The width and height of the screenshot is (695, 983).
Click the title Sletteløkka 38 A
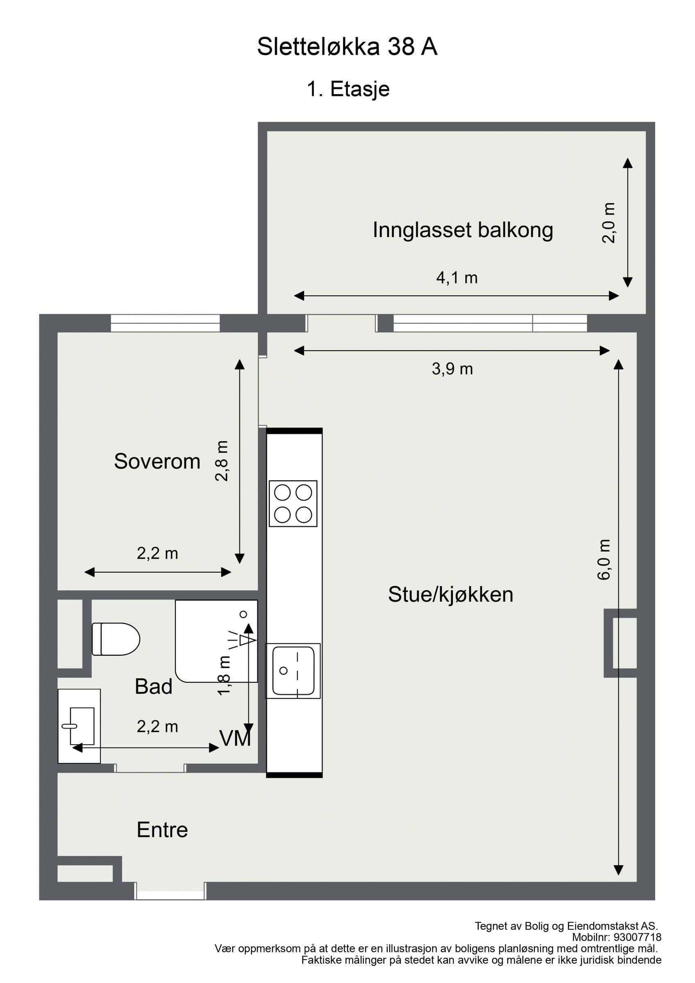(347, 47)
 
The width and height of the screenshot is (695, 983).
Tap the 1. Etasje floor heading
(348, 89)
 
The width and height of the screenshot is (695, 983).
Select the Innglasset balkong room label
(463, 230)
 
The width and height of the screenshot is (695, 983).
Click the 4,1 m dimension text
(457, 278)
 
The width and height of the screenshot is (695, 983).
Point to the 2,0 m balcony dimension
(609, 223)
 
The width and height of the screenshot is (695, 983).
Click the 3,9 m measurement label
(452, 369)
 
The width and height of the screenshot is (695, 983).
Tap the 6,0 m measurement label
(604, 559)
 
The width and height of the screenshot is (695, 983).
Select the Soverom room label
(157, 462)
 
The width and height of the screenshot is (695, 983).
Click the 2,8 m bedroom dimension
(222, 461)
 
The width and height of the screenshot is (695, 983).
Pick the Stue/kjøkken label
(450, 595)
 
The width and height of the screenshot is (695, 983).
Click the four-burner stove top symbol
(293, 503)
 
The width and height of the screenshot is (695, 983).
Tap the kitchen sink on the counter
(293, 671)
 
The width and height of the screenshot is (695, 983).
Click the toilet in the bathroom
(116, 639)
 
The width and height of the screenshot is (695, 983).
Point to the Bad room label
(153, 687)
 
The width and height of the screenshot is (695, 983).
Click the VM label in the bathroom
(235, 738)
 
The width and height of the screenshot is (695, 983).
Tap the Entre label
(162, 830)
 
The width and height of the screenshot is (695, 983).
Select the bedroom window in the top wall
(165, 323)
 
